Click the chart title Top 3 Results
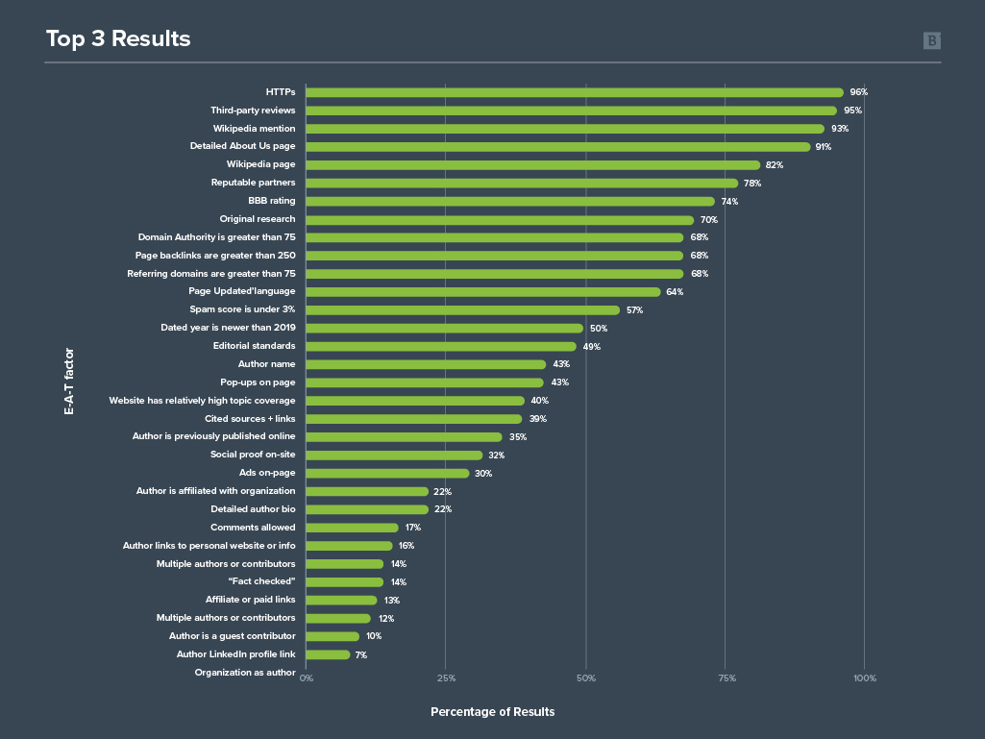pyautogui.click(x=118, y=39)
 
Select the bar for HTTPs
pyautogui.click(x=574, y=92)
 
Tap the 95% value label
pyautogui.click(x=852, y=111)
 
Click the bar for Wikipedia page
pyautogui.click(x=532, y=165)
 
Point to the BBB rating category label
pyautogui.click(x=271, y=201)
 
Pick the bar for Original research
pyautogui.click(x=500, y=219)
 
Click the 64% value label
pyautogui.click(x=675, y=292)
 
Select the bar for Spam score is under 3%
pyautogui.click(x=463, y=310)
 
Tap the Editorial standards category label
pyautogui.click(x=254, y=346)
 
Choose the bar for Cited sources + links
pyautogui.click(x=413, y=419)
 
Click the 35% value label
pyautogui.click(x=518, y=437)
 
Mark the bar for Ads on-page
pyautogui.click(x=387, y=473)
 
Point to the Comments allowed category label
pyautogui.click(x=253, y=528)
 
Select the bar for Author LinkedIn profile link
pyautogui.click(x=328, y=654)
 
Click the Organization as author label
pyautogui.click(x=245, y=673)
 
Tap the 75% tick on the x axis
pyautogui.click(x=727, y=678)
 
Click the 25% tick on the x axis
pyautogui.click(x=446, y=678)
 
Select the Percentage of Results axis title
pyautogui.click(x=492, y=712)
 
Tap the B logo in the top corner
pyautogui.click(x=932, y=40)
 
